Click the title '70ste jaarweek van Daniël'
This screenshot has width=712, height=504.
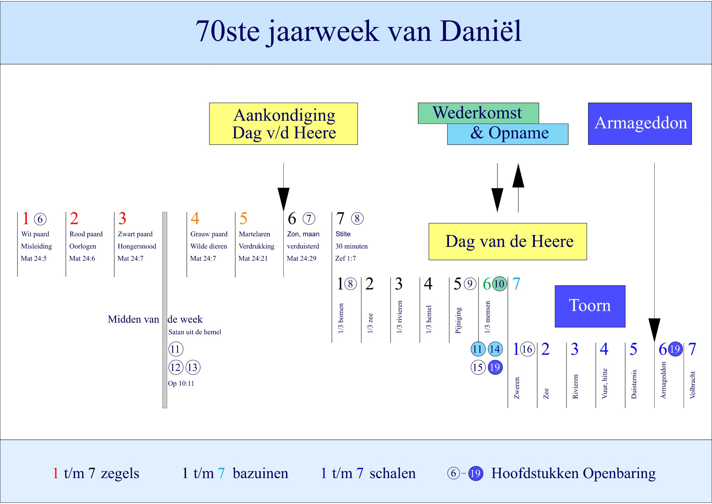coord(358,32)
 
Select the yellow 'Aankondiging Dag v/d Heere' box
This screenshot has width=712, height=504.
coord(283,124)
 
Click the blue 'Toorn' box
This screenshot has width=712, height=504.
coord(590,306)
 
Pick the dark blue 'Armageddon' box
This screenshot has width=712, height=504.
coord(640,123)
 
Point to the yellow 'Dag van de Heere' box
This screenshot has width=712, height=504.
coord(508,241)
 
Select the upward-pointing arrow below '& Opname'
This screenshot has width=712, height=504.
coord(518,186)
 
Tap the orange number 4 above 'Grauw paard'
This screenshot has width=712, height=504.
coord(195,218)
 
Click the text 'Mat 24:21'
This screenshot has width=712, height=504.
coord(253,258)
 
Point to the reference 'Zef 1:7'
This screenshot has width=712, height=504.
coord(345,258)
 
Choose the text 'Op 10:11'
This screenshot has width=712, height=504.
coord(181,384)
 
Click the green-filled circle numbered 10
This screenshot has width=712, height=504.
coord(499,284)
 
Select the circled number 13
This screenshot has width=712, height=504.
coord(193,367)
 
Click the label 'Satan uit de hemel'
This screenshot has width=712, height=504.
coord(195,332)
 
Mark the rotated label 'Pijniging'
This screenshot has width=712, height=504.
coord(458,320)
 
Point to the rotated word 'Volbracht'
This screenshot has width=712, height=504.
coord(693,385)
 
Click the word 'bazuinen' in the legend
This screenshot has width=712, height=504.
coord(261,473)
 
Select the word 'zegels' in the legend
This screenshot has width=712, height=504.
coord(120,473)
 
